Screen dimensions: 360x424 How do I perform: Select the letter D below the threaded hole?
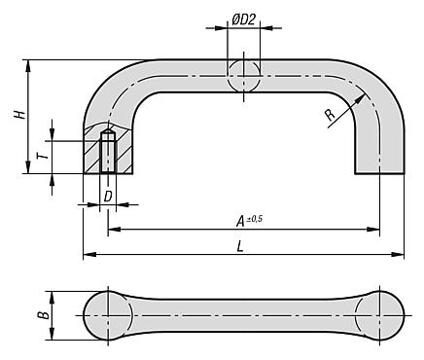[107, 197]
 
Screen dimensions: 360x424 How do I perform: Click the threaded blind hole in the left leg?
[108, 152]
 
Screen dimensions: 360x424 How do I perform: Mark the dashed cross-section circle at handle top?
[243, 76]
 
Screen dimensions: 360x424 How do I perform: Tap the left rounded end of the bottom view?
[107, 316]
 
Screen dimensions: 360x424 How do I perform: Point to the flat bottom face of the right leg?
[377, 174]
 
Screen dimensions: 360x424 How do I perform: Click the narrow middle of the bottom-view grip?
[242, 316]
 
